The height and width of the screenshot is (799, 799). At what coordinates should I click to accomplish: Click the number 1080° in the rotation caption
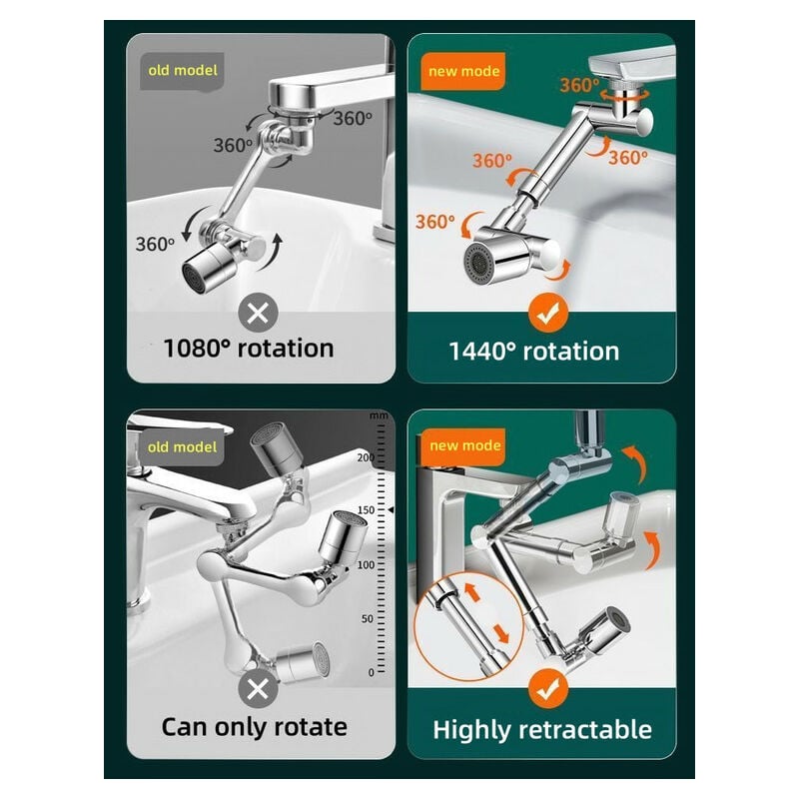tap(197, 349)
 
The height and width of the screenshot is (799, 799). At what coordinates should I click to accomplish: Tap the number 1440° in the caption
tap(482, 352)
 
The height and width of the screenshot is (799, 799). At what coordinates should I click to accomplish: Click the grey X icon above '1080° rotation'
tap(258, 314)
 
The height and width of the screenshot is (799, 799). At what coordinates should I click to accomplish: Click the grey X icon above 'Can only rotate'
tap(258, 689)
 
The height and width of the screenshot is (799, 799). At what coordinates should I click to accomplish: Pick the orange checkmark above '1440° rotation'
tap(547, 314)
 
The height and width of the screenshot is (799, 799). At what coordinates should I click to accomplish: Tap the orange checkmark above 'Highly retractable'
tap(547, 689)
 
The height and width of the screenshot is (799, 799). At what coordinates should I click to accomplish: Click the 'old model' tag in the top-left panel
tap(183, 71)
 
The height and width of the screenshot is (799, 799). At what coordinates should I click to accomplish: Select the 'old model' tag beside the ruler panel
tap(182, 446)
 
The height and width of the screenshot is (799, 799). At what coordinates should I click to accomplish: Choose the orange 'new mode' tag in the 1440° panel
tap(463, 71)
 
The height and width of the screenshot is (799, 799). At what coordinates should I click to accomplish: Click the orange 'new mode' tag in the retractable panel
tap(463, 446)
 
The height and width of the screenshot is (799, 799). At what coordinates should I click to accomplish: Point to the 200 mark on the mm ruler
tap(366, 457)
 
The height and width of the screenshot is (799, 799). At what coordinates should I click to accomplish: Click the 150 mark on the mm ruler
tap(366, 510)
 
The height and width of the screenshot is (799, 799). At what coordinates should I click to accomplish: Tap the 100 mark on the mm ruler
tap(366, 565)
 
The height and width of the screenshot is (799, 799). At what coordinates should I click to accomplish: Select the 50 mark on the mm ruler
tap(368, 619)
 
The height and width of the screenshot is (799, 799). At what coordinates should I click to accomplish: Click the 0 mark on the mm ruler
tap(371, 672)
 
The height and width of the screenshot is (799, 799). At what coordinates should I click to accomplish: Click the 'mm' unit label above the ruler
tap(379, 415)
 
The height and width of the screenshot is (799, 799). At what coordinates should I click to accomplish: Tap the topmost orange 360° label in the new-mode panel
tap(579, 85)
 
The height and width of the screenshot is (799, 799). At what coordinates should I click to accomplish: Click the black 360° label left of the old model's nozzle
tap(155, 244)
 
